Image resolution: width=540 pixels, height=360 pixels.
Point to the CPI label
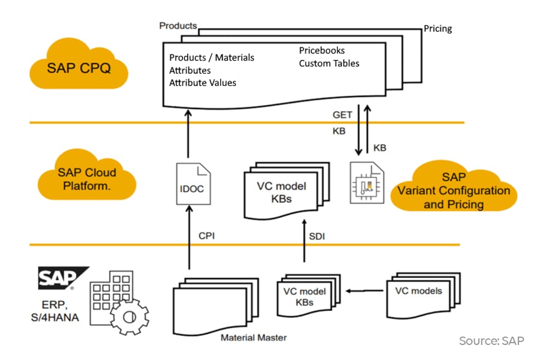[x=206, y=236]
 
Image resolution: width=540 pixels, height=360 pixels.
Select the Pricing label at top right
[x=437, y=28]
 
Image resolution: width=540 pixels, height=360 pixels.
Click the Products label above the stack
[x=178, y=26]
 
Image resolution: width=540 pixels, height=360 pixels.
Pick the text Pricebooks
[x=322, y=50]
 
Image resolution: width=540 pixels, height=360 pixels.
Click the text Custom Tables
[x=329, y=63]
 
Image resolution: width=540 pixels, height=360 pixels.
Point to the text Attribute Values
[x=202, y=83]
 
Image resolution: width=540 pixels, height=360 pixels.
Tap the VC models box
[x=419, y=292]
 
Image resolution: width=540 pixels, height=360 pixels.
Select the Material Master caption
[x=253, y=337]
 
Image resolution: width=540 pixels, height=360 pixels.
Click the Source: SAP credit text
[x=491, y=341]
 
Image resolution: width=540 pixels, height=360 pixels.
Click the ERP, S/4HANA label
[x=58, y=309]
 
